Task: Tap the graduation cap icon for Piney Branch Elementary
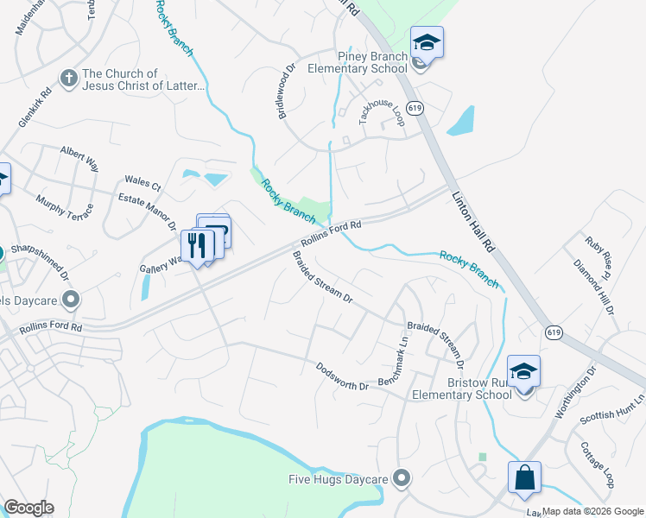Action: tap(426, 42)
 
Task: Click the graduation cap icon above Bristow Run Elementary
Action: tap(523, 371)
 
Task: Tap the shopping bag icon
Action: tap(524, 477)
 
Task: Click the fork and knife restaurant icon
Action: tap(198, 246)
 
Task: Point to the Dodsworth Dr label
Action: tap(342, 378)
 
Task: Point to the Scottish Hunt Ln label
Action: tap(612, 410)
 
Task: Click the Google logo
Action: tap(28, 508)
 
